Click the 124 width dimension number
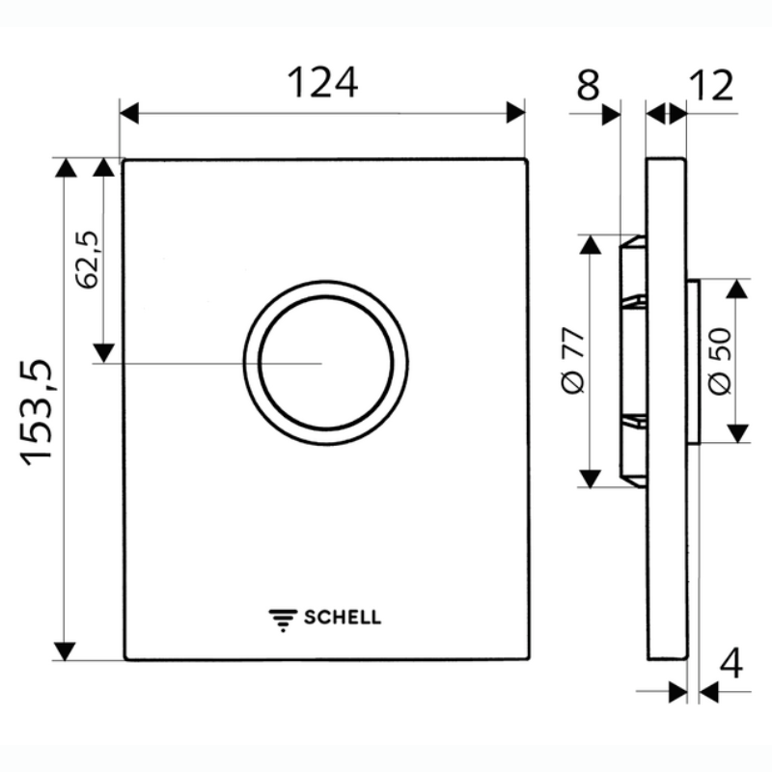tap(322, 83)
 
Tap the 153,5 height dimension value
tap(37, 413)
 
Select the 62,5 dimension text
tap(88, 260)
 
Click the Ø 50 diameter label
tap(720, 361)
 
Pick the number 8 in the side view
tap(588, 85)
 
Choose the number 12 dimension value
tap(712, 85)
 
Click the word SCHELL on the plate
tap(343, 618)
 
